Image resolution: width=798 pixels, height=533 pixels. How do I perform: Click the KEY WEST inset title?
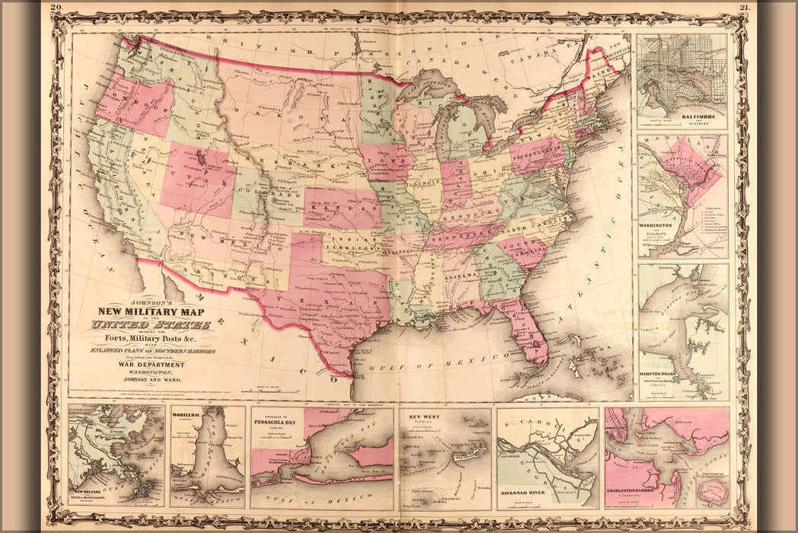point(424,417)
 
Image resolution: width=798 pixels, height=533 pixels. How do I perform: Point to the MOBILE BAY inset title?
point(186,416)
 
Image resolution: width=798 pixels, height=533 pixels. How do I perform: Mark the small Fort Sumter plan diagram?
point(713,491)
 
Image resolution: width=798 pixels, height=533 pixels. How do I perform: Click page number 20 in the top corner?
point(56,7)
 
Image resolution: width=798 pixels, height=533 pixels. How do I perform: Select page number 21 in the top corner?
point(744,7)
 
